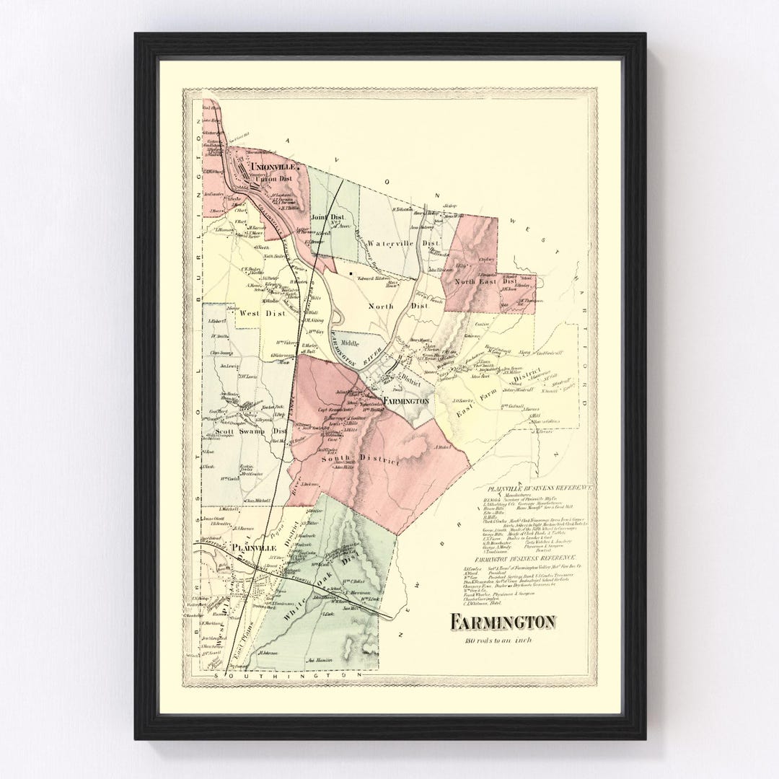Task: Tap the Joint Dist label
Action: tap(328, 216)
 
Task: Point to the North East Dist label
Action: tap(490, 282)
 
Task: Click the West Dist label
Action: tap(259, 313)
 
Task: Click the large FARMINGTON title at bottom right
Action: tap(503, 621)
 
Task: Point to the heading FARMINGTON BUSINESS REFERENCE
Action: tap(526, 558)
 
